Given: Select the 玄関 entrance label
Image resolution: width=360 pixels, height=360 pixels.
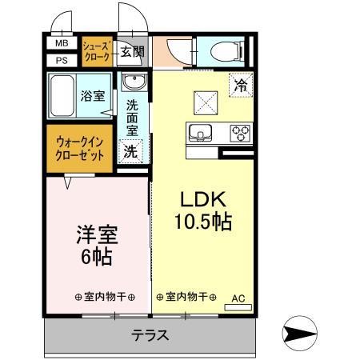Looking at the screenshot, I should [133, 53].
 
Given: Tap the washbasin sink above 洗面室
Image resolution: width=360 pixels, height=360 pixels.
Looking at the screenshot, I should [133, 83].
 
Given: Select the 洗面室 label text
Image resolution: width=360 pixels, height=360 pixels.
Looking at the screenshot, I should [133, 116].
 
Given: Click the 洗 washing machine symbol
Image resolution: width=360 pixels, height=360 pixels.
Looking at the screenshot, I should [129, 150].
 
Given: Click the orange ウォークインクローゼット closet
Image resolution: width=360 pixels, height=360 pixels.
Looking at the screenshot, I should [81, 150].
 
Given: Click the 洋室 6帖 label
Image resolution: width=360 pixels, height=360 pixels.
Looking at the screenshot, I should [97, 246].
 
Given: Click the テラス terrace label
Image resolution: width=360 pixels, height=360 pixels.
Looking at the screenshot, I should [150, 335].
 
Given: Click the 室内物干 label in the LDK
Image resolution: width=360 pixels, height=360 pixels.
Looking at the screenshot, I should [186, 297].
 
